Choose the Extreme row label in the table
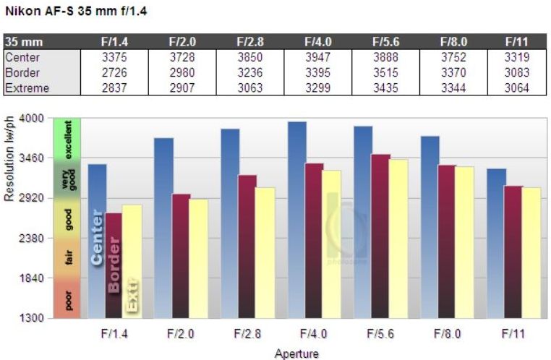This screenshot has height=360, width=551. [x=27, y=88]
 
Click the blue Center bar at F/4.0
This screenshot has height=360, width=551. [x=296, y=217]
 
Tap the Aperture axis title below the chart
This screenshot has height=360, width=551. [x=296, y=353]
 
